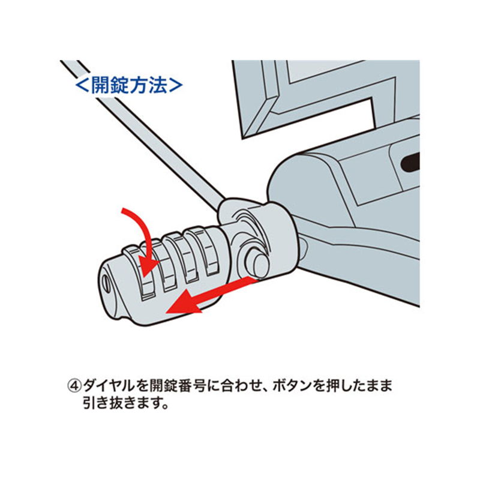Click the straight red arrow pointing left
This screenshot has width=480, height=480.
tap(211, 295)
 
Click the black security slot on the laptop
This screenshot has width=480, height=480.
tap(410, 161)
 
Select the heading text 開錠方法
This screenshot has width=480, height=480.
tap(129, 85)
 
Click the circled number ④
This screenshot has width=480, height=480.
tap(74, 386)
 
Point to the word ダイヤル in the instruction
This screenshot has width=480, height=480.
tap(109, 386)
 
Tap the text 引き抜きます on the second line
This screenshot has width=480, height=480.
tap(122, 403)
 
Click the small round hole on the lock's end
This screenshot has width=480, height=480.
tap(106, 283)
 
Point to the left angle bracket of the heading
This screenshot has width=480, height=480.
tap(82, 85)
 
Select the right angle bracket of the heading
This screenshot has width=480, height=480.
tap(176, 85)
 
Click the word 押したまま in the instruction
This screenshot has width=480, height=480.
tap(358, 386)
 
